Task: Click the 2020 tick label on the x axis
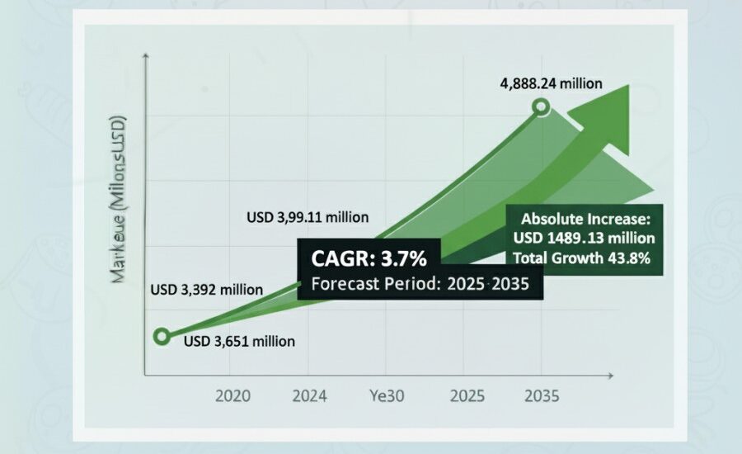[x=233, y=395]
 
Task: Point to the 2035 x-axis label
[x=541, y=395]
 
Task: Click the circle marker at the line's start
[x=162, y=336]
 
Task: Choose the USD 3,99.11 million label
[x=308, y=218]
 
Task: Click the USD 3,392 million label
[x=206, y=290]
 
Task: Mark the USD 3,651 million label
[x=239, y=341]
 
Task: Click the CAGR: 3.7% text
[x=369, y=259]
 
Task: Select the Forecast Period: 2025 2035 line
[x=419, y=284]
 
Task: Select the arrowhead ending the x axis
[x=613, y=376]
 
